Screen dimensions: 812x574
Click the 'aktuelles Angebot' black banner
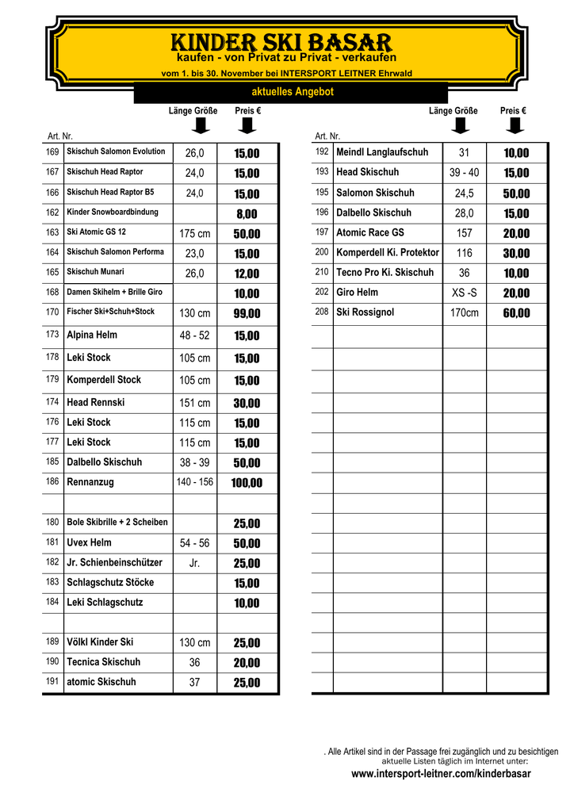point(292,93)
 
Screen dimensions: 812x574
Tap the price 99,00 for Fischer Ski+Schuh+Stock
point(247,314)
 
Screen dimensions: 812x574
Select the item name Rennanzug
point(90,481)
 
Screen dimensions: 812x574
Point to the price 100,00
point(247,483)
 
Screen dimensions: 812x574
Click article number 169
point(52,151)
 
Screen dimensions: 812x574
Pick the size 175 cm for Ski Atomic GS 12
point(195,234)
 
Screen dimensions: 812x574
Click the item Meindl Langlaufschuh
point(382,152)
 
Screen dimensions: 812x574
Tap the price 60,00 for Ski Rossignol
point(516,313)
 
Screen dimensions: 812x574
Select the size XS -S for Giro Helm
point(464,293)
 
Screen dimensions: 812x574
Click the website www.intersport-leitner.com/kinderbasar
point(441,774)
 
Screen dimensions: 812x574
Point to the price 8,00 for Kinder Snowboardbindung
point(247,214)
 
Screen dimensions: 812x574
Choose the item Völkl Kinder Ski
point(100,642)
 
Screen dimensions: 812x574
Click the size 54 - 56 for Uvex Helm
point(195,543)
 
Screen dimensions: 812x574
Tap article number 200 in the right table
point(322,252)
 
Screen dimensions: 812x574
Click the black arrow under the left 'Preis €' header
point(247,126)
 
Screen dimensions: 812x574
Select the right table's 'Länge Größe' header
point(453,111)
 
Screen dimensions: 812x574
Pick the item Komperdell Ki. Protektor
point(388,252)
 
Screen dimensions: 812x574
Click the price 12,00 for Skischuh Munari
point(247,274)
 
